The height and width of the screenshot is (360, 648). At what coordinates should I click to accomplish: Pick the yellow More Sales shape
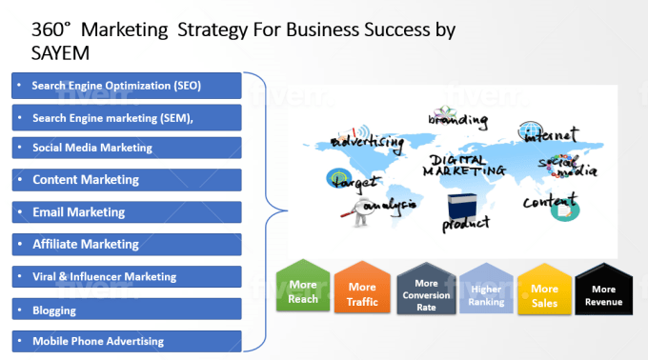click(x=544, y=289)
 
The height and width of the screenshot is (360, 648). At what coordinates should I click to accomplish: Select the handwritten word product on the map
click(x=465, y=224)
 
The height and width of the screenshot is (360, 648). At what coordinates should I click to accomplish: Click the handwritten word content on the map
click(x=549, y=201)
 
